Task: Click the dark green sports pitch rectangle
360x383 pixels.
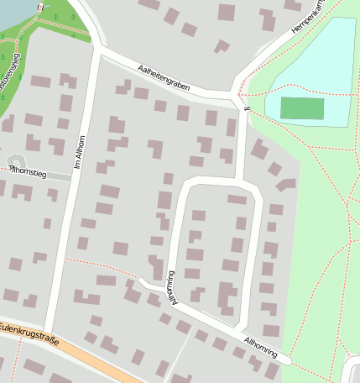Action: click(x=301, y=108)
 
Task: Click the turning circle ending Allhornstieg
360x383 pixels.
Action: click(x=14, y=161)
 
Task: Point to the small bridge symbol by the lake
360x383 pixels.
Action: click(x=39, y=10)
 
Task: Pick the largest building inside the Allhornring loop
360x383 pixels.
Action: click(x=225, y=296)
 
